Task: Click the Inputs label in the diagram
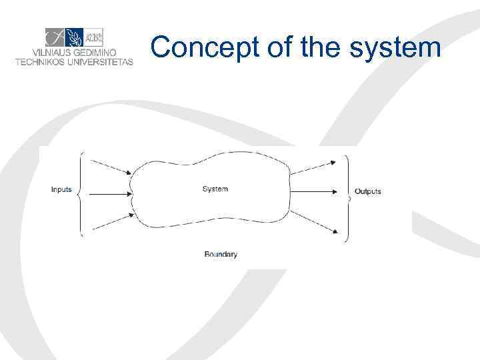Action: (61, 190)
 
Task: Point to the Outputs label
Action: (368, 192)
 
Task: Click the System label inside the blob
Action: (215, 189)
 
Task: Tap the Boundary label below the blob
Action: (221, 254)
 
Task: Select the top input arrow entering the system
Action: (111, 167)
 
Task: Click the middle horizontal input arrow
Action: (110, 194)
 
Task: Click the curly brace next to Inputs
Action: (81, 193)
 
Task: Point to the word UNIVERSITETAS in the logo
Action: (100, 62)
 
